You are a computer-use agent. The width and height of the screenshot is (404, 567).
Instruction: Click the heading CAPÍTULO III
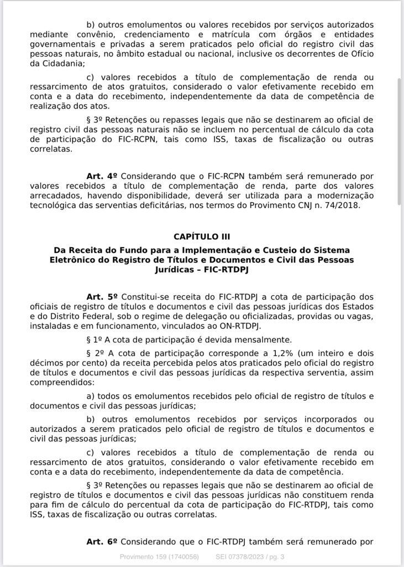(x=202, y=236)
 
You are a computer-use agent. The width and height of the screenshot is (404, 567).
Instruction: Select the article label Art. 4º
(x=102, y=176)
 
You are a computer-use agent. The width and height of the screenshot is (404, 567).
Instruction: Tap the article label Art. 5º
(x=102, y=297)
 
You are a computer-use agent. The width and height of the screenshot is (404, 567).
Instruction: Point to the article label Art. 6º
(x=102, y=542)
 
